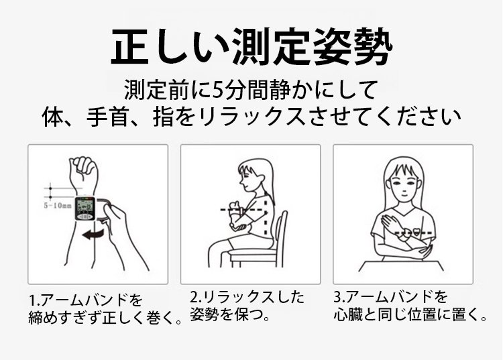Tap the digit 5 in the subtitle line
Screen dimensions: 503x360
coord(218,90)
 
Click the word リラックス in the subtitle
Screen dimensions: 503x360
coord(251,117)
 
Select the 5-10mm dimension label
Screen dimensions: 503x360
coord(58,206)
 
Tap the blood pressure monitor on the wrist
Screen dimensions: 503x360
coord(85,208)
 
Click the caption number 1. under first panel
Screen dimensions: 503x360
coord(34,300)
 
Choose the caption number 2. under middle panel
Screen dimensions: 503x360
coord(195,297)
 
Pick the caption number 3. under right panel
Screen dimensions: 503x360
coord(339,297)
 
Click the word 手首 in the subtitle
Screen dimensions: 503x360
coord(108,117)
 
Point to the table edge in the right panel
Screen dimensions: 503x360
coord(401,261)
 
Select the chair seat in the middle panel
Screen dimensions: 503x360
coord(254,253)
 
